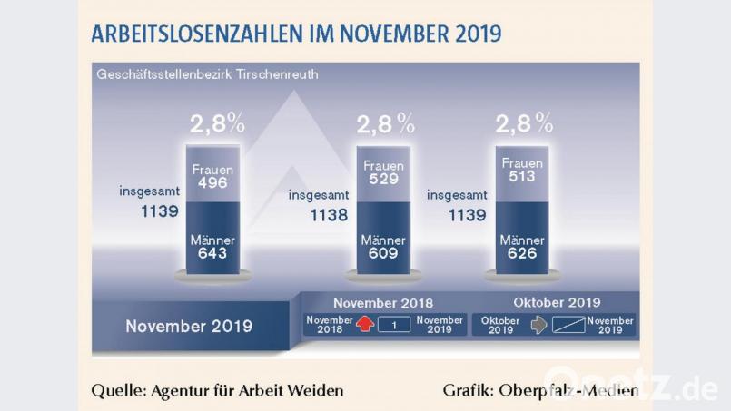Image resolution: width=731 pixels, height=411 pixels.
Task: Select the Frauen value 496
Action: [214, 182]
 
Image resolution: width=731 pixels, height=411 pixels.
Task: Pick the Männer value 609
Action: [382, 254]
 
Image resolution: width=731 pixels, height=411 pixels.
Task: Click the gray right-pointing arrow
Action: [538, 325]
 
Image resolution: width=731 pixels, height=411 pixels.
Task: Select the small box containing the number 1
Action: [394, 325]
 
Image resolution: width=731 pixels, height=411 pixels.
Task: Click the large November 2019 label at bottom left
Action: [189, 324]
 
